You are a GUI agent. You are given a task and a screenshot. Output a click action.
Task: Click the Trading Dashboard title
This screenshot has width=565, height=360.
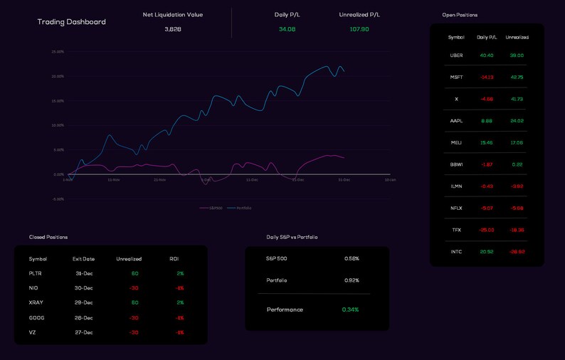click(x=71, y=22)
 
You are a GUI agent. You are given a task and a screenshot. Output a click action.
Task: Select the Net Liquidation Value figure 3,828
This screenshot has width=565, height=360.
click(x=173, y=29)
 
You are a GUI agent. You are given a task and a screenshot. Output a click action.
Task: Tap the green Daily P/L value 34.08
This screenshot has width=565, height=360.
click(x=287, y=29)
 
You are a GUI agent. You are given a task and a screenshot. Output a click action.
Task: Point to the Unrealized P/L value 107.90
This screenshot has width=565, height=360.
click(x=359, y=29)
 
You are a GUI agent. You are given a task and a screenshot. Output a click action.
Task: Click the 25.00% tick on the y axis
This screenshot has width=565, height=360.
click(x=58, y=52)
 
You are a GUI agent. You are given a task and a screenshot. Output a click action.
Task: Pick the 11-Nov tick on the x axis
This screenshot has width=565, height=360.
click(x=114, y=180)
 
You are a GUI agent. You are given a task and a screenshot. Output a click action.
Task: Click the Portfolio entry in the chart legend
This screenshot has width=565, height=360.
click(x=243, y=208)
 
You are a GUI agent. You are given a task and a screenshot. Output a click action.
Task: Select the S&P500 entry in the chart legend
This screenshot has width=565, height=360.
click(x=215, y=208)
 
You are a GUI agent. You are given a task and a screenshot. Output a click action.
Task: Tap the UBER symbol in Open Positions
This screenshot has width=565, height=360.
click(x=456, y=55)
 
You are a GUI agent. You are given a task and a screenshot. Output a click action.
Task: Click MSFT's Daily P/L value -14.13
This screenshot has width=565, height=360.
click(x=487, y=78)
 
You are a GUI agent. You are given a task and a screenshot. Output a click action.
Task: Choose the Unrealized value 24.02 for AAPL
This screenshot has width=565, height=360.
click(x=517, y=121)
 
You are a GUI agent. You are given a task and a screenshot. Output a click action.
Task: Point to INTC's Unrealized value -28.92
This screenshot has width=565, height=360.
click(x=517, y=252)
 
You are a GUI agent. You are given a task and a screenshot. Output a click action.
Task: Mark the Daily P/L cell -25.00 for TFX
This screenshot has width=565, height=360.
click(x=487, y=230)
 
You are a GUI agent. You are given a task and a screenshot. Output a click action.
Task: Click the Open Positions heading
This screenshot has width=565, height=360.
click(x=460, y=15)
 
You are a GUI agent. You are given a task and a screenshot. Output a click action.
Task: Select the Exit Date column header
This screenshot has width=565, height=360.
click(x=83, y=259)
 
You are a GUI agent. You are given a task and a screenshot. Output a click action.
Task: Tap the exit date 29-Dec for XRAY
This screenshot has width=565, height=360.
click(x=84, y=303)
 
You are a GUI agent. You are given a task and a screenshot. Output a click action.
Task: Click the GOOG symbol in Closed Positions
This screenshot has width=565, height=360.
click(x=36, y=318)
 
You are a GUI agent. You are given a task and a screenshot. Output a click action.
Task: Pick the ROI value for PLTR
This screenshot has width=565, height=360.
click(x=180, y=274)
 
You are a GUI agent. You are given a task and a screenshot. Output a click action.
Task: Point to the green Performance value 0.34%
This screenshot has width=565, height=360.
click(x=350, y=309)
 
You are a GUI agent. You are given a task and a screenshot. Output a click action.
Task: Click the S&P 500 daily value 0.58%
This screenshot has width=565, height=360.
click(x=352, y=259)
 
